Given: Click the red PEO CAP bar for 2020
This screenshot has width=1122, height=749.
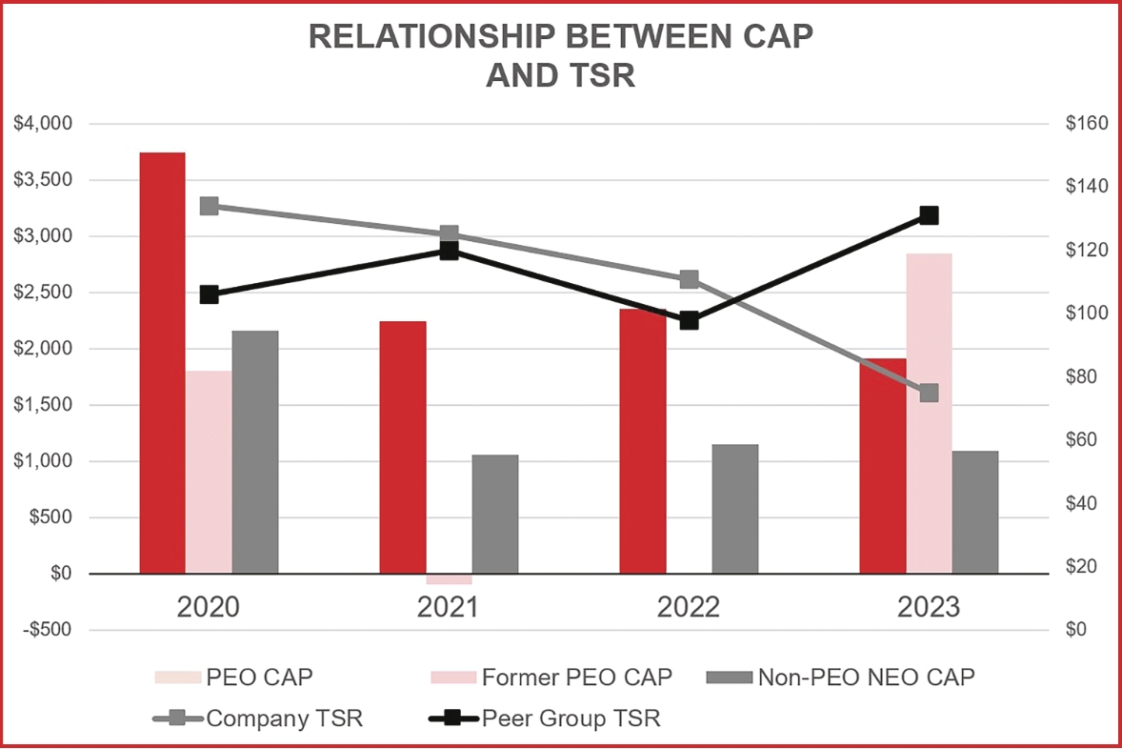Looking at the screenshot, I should coord(162,362).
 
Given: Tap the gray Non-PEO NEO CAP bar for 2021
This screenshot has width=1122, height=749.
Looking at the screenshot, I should coord(495,514).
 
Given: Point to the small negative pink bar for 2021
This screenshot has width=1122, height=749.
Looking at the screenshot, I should coord(449,579).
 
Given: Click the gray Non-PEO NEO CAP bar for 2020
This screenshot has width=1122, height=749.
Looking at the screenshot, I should coord(255,452).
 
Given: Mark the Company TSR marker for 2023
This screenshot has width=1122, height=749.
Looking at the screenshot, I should coord(929,393).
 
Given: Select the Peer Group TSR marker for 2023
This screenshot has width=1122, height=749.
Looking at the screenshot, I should coord(929,215).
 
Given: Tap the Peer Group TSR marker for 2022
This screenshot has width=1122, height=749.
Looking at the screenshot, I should coord(690,320).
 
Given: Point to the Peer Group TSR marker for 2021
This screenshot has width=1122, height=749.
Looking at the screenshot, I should coord(449,251).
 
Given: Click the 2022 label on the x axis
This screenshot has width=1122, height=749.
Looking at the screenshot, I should coord(688,608).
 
